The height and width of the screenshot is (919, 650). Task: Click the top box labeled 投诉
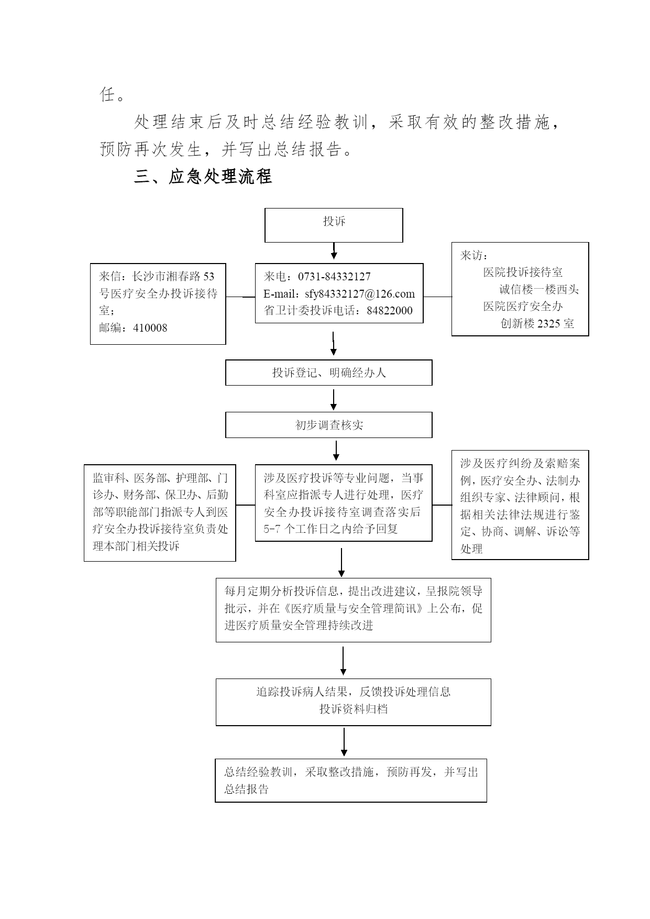coord(334,225)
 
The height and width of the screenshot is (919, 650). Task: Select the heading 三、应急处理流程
coord(203,177)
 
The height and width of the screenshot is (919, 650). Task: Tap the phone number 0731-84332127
coord(334,277)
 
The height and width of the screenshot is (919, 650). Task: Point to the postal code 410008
coord(150,328)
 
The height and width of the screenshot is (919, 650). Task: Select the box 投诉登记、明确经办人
coord(329,373)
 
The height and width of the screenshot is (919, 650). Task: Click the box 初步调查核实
coord(329,425)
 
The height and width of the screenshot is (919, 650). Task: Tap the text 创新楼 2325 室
coord(537,324)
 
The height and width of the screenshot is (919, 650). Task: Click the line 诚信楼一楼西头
coord(539,290)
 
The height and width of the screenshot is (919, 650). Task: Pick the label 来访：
coord(475,255)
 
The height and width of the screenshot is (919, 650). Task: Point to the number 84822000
coord(390,311)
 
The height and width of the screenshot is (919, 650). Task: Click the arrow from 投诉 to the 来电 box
coord(334,251)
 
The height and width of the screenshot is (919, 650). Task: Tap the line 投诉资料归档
coord(354,709)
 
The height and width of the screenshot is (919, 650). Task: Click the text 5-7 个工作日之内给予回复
coord(331,529)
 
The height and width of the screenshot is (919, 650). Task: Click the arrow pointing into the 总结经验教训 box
coord(344,742)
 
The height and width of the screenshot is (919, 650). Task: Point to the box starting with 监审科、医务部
coord(160,513)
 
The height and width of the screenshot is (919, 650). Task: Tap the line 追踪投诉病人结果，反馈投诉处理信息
coord(354,692)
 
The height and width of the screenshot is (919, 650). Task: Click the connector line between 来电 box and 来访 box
coord(438,297)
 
